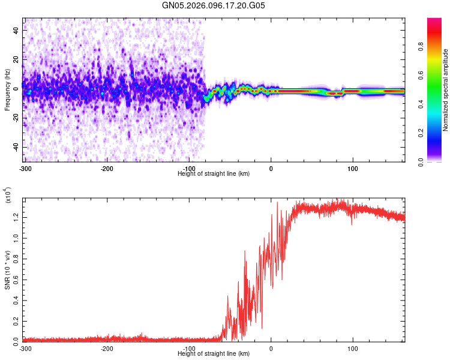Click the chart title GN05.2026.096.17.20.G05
tap(214, 6)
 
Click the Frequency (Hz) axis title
tap(8, 90)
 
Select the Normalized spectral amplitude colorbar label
tap(446, 90)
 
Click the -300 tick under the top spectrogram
tap(25, 167)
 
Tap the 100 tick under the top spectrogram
tap(353, 167)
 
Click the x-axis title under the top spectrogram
tap(214, 173)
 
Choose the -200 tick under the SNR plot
tap(107, 348)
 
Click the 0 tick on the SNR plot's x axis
tap(271, 348)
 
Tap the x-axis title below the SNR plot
tap(214, 354)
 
